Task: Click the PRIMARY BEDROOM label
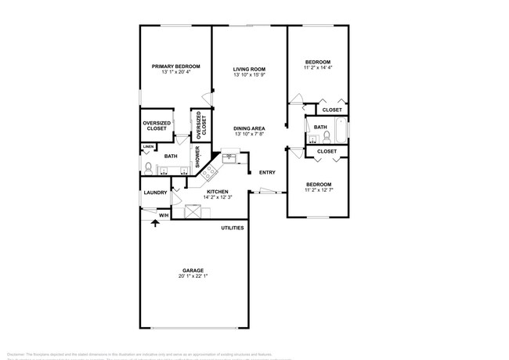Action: tap(175, 67)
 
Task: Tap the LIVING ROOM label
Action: tap(250, 70)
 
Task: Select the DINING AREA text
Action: tap(249, 128)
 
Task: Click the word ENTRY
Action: tap(267, 173)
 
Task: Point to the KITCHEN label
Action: tap(217, 191)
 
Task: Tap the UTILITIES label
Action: tap(232, 228)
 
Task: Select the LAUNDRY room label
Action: tap(153, 192)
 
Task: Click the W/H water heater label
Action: tap(164, 214)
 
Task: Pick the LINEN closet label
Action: tap(147, 146)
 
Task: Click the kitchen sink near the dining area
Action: tap(231, 158)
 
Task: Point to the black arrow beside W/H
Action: tap(154, 223)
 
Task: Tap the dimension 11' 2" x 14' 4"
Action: tap(317, 68)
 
